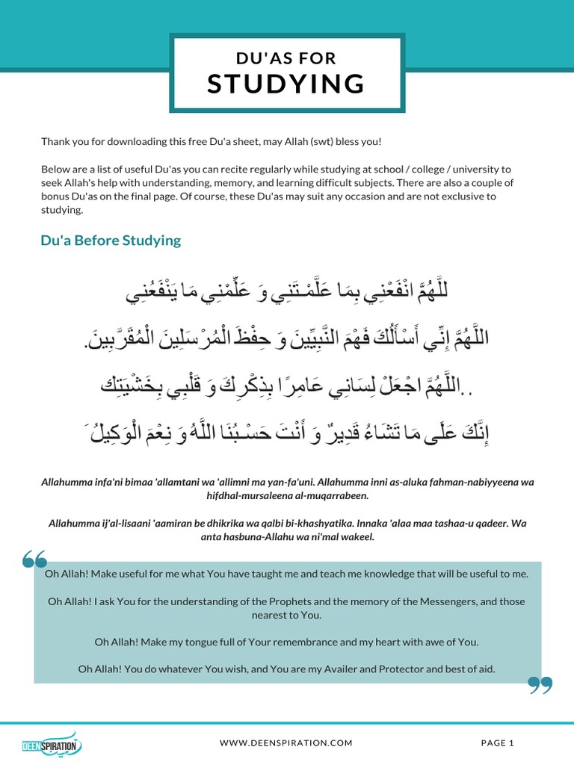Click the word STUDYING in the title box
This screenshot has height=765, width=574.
pyautogui.click(x=286, y=84)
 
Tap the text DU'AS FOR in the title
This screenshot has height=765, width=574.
pyautogui.click(x=286, y=58)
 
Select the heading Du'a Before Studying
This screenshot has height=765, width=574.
pyautogui.click(x=111, y=240)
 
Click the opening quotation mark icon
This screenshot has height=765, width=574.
pyautogui.click(x=35, y=560)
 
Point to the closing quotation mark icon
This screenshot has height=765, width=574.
pyautogui.click(x=540, y=685)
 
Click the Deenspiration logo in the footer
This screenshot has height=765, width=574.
pyautogui.click(x=51, y=743)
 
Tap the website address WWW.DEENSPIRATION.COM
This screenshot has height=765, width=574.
pyautogui.click(x=286, y=743)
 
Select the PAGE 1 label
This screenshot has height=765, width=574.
pyautogui.click(x=498, y=743)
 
